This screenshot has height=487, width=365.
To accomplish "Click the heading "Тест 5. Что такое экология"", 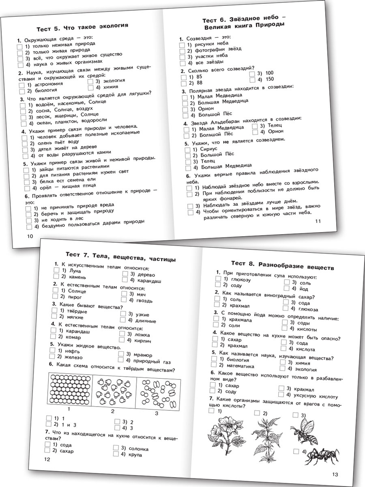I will (82, 27).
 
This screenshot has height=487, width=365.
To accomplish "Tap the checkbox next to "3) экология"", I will (91, 81).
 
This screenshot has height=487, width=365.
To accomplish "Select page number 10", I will (29, 237).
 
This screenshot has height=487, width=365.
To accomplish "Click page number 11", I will (318, 221).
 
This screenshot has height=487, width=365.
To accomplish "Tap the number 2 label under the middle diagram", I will (113, 411).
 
